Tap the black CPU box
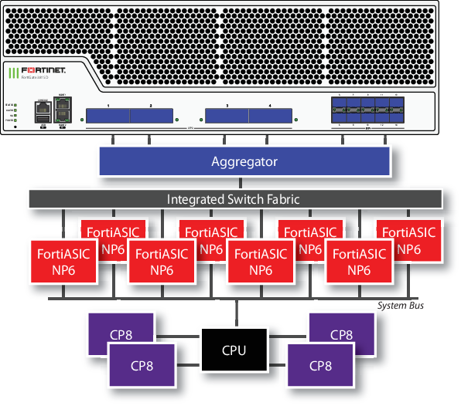[234, 350]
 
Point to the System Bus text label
[400, 306]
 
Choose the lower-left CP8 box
[141, 364]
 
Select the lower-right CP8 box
[320, 364]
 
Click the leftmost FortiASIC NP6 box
[63, 262]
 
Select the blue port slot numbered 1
[107, 116]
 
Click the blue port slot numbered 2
[151, 116]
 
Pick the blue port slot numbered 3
[227, 116]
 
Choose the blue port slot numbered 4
[270, 116]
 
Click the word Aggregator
[244, 162]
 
